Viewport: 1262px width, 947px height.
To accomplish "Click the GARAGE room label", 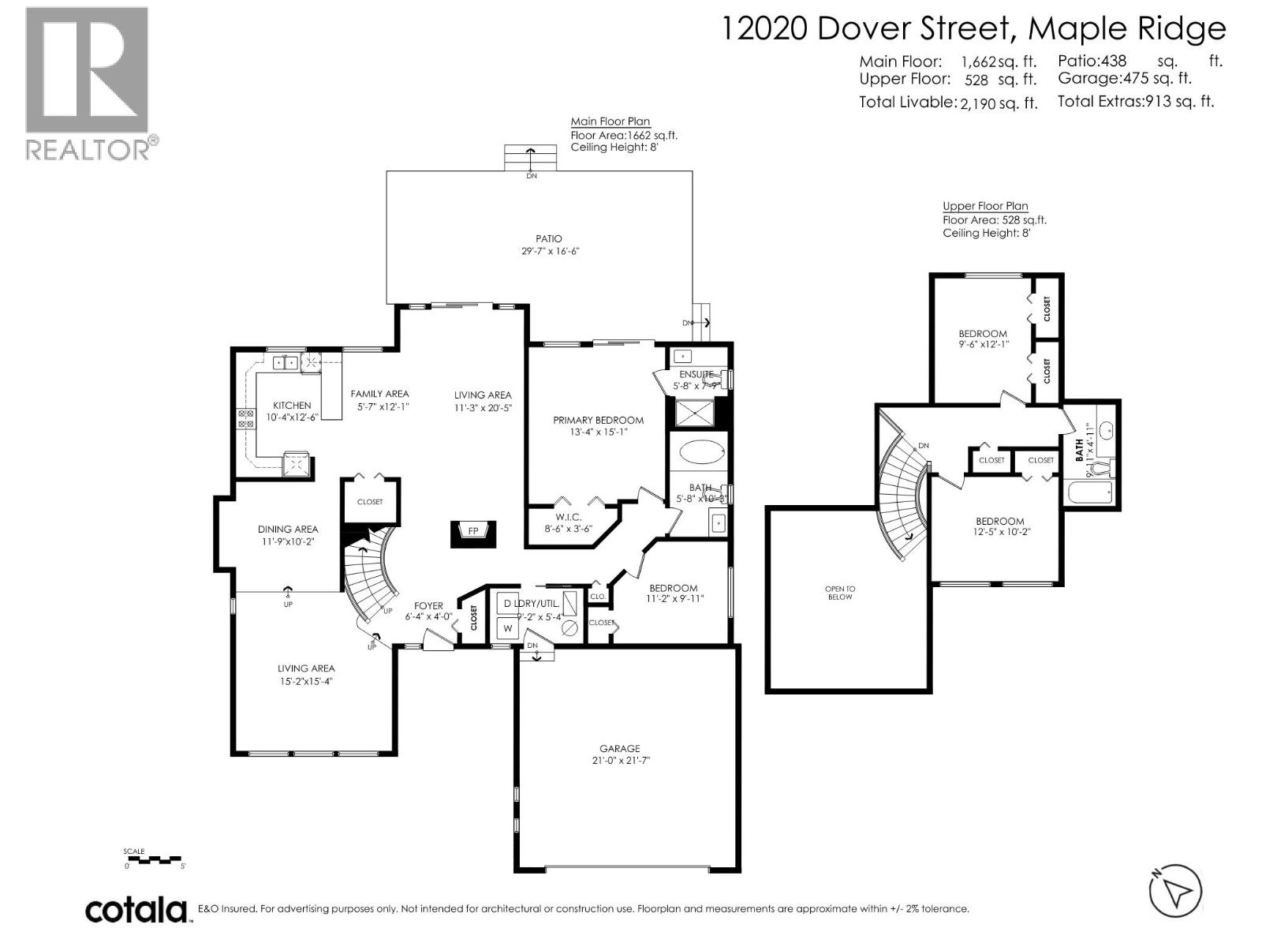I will pos(619,748).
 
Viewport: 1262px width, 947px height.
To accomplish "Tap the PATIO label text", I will pos(549,238).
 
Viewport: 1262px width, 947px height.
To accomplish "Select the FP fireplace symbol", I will pos(473,532).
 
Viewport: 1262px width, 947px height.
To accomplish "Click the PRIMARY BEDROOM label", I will pos(598,420).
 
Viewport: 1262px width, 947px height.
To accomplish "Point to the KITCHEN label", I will pos(292,405).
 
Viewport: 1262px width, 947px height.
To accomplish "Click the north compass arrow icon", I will pos(1176,893).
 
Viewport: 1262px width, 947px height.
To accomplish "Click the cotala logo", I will pos(136,910).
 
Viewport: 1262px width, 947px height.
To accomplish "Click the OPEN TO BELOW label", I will pos(840,593).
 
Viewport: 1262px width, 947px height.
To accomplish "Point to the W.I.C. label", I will pos(568,517).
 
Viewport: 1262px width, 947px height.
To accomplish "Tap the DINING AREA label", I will pos(288,530).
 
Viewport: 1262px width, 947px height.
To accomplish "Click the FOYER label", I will pos(429,606).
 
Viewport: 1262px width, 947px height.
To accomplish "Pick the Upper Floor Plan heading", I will pos(985,206).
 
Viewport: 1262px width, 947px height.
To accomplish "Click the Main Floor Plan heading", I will pos(610,122).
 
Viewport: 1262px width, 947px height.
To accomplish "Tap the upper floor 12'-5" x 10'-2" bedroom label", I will pos(999,526).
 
